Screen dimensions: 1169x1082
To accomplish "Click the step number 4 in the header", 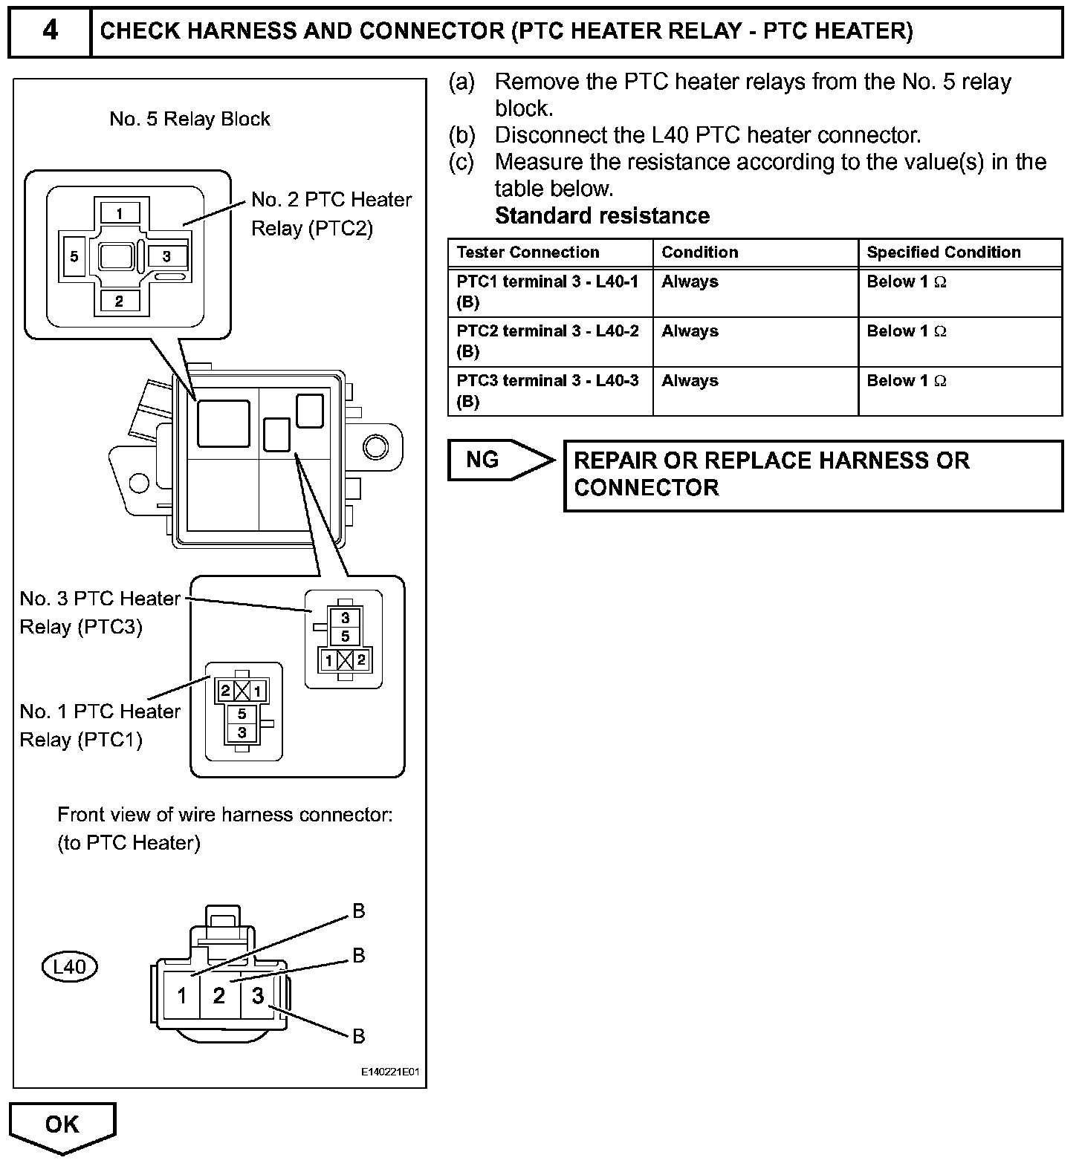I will pos(50,30).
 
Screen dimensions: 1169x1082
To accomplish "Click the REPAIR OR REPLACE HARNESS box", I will pos(813,475).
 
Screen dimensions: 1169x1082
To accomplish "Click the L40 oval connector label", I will pos(69,967).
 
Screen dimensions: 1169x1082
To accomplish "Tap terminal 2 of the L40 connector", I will pos(218,995).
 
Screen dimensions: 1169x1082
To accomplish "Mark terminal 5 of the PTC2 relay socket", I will pos(74,257).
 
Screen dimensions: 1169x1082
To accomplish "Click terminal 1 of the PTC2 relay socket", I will pos(119,214).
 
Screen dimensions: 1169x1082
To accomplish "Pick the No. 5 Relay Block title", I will pos(189,119).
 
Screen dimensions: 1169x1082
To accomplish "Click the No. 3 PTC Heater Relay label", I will pos(100,612).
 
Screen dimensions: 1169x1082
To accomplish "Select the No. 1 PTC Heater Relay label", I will pos(100,725).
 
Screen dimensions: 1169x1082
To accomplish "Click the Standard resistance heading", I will pos(602,216).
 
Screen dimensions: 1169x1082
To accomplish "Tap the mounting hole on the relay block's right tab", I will pos(375,446).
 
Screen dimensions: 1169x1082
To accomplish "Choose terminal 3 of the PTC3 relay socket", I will pos(345,618).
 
